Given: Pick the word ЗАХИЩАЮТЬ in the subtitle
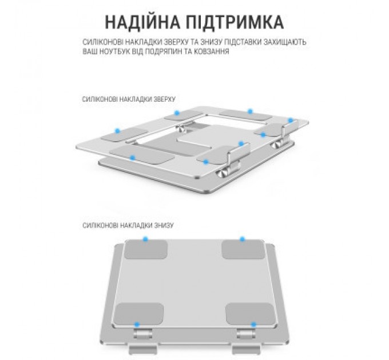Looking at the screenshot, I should pos(283,42).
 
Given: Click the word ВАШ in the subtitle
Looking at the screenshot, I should pos(90,51).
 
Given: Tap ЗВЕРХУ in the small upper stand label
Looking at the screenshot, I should pos(162,98).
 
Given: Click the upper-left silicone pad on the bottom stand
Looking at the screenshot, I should pos(146,250).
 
